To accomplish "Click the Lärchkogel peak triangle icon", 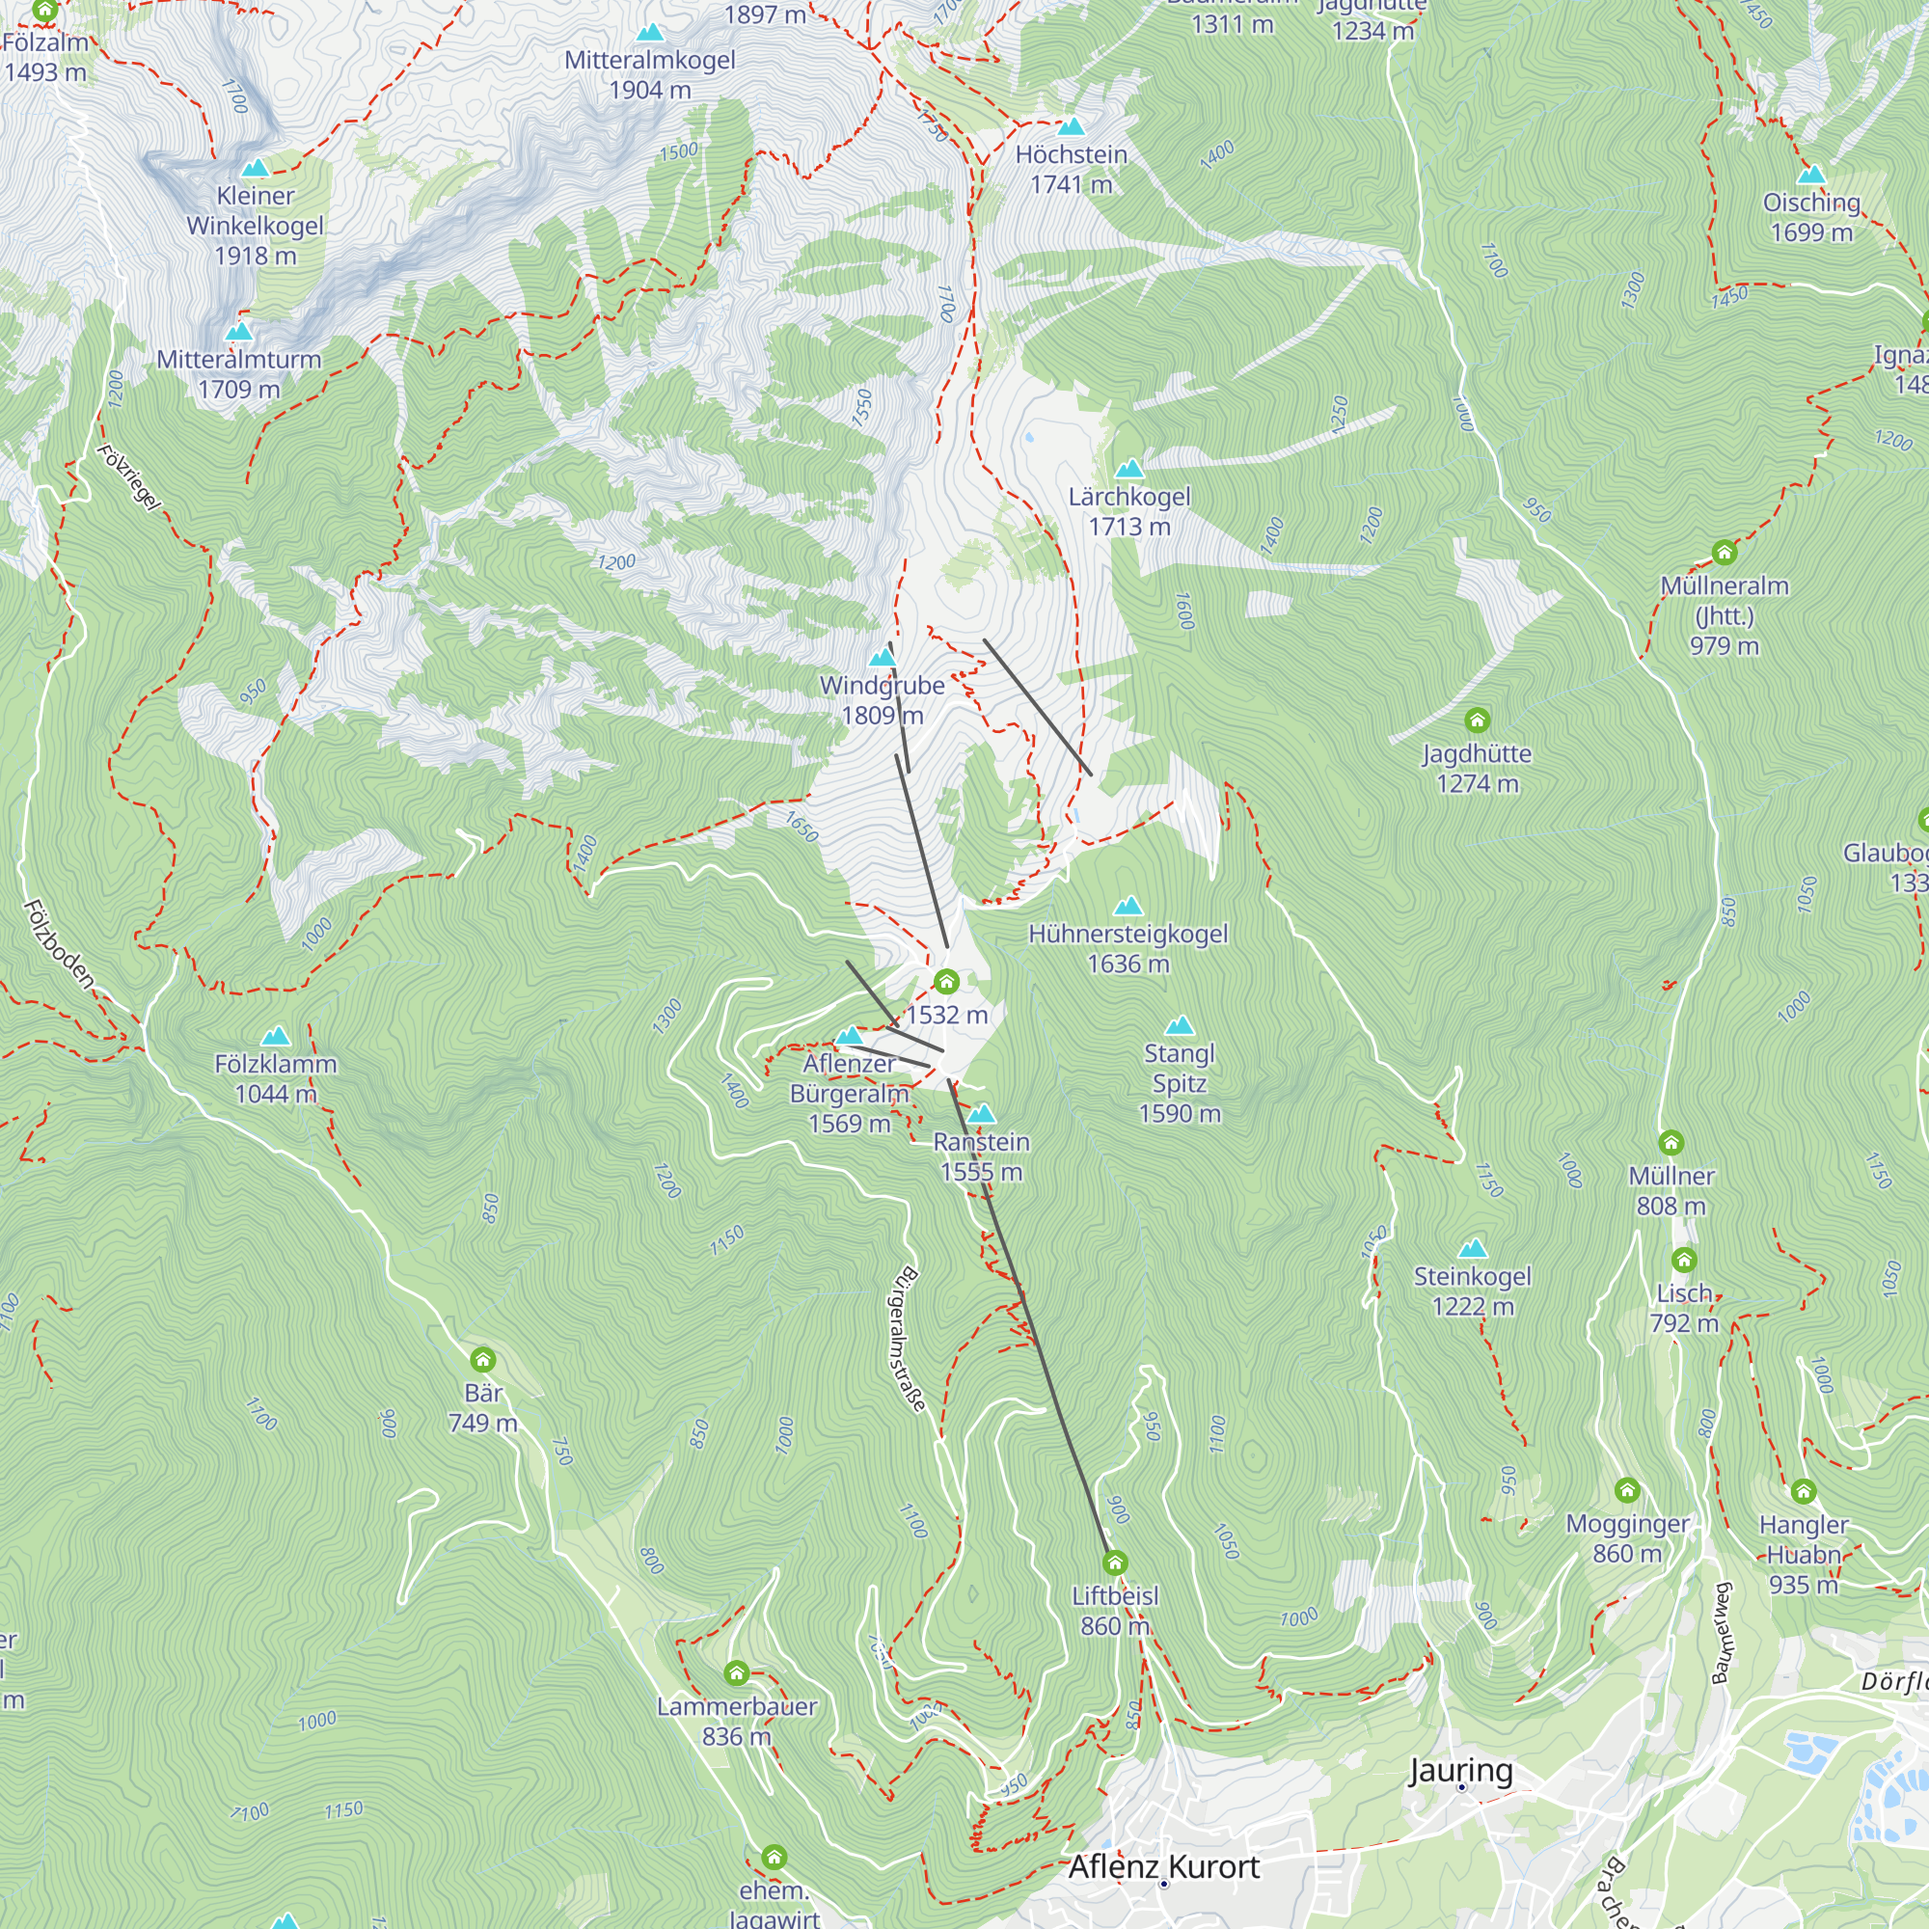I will pos(1128,469).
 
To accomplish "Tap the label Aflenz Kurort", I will pos(1163,1866).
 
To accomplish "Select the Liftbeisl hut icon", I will pos(1115,1562).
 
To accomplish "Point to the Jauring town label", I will pos(1459,1770).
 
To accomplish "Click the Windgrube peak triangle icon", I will pos(883,657).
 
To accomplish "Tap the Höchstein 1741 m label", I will pos(1071,170).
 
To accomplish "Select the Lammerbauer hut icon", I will pos(737,1672).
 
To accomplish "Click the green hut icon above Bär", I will pos(483,1359).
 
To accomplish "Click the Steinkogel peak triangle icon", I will pos(1473,1248).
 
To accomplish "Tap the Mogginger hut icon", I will pos(1627,1491).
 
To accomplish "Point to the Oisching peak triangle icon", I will pos(1811,176).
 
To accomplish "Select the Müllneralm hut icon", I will pos(1725,552).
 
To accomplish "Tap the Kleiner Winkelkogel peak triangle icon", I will pos(256,168).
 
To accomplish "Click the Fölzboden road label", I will pos(59,944).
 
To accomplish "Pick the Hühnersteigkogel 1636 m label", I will pos(1128,948).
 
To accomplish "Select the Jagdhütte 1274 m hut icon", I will pos(1477,720).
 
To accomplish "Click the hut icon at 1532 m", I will pos(946,982).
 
